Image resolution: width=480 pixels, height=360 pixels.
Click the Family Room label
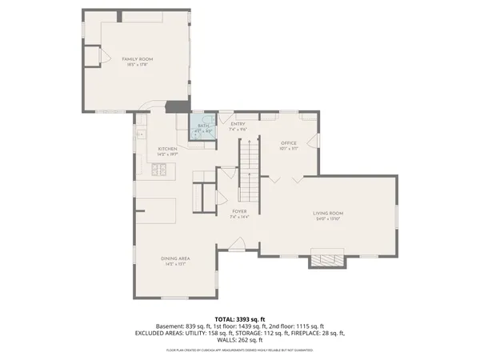(137, 59)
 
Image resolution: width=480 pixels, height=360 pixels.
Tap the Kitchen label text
(166, 149)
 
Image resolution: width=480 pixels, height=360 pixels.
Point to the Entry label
(238, 124)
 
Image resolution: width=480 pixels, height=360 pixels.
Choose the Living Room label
(328, 213)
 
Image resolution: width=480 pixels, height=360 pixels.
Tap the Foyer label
(240, 212)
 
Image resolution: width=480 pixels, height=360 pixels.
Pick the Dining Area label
(174, 258)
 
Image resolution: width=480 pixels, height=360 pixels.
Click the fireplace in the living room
(326, 259)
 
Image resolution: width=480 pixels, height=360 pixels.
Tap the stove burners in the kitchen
(159, 169)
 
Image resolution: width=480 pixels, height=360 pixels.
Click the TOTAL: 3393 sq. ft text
(240, 318)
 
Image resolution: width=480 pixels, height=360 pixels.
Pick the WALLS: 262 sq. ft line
(240, 339)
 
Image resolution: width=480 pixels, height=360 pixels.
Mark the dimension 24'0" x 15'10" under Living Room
(328, 218)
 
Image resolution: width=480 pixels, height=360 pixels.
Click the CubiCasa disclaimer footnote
(240, 350)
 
